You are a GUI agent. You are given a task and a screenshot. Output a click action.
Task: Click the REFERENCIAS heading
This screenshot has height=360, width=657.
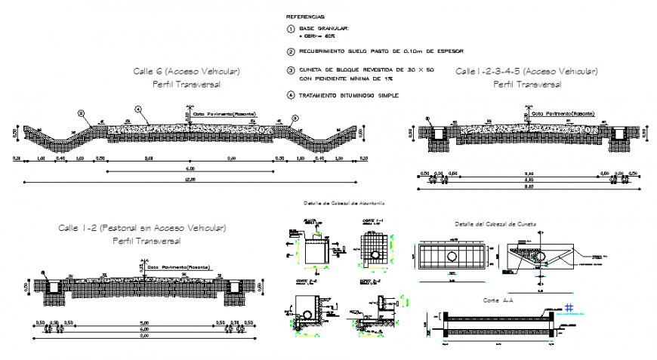tap(306, 16)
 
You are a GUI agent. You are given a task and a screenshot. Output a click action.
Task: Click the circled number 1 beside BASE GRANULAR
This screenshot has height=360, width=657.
tap(291, 29)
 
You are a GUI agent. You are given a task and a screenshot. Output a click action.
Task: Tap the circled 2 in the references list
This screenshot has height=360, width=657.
tap(291, 51)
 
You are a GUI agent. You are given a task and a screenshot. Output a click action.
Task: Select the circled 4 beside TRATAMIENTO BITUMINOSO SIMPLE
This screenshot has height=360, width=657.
tap(291, 96)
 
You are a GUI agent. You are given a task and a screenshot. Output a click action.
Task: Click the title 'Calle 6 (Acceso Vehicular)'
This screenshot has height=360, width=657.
tap(186, 71)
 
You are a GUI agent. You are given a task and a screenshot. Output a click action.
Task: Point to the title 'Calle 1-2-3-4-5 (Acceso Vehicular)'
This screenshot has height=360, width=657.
tap(526, 71)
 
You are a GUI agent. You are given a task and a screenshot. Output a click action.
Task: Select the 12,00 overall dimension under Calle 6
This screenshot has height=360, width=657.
tap(190, 180)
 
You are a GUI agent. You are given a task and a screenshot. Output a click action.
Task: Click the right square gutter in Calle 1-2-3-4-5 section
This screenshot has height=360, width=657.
tap(619, 133)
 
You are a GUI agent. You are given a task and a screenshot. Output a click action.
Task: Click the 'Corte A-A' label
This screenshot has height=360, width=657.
tap(495, 300)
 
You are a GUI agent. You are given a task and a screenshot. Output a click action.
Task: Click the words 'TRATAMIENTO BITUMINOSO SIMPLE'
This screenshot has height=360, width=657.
tap(348, 96)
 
